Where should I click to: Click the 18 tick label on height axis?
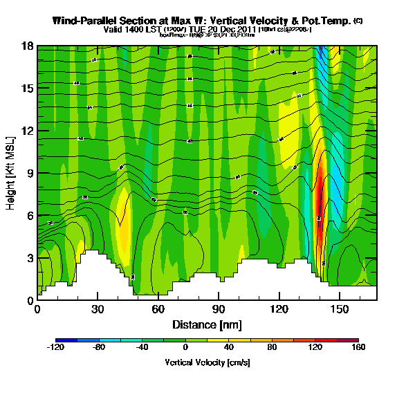[27, 46]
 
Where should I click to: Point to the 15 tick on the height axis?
[27, 89]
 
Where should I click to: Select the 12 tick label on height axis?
[27, 131]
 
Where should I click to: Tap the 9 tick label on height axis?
[30, 173]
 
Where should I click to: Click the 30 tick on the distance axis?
[98, 308]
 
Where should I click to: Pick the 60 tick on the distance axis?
[158, 308]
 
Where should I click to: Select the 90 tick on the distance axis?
[219, 308]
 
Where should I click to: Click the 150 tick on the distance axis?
[340, 308]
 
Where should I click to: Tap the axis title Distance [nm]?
[206, 324]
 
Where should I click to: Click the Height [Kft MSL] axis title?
[11, 173]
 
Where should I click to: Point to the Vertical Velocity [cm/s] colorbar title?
[207, 362]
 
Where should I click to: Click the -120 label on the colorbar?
[55, 349]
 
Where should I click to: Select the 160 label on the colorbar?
[358, 349]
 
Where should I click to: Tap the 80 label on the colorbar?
[282, 349]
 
